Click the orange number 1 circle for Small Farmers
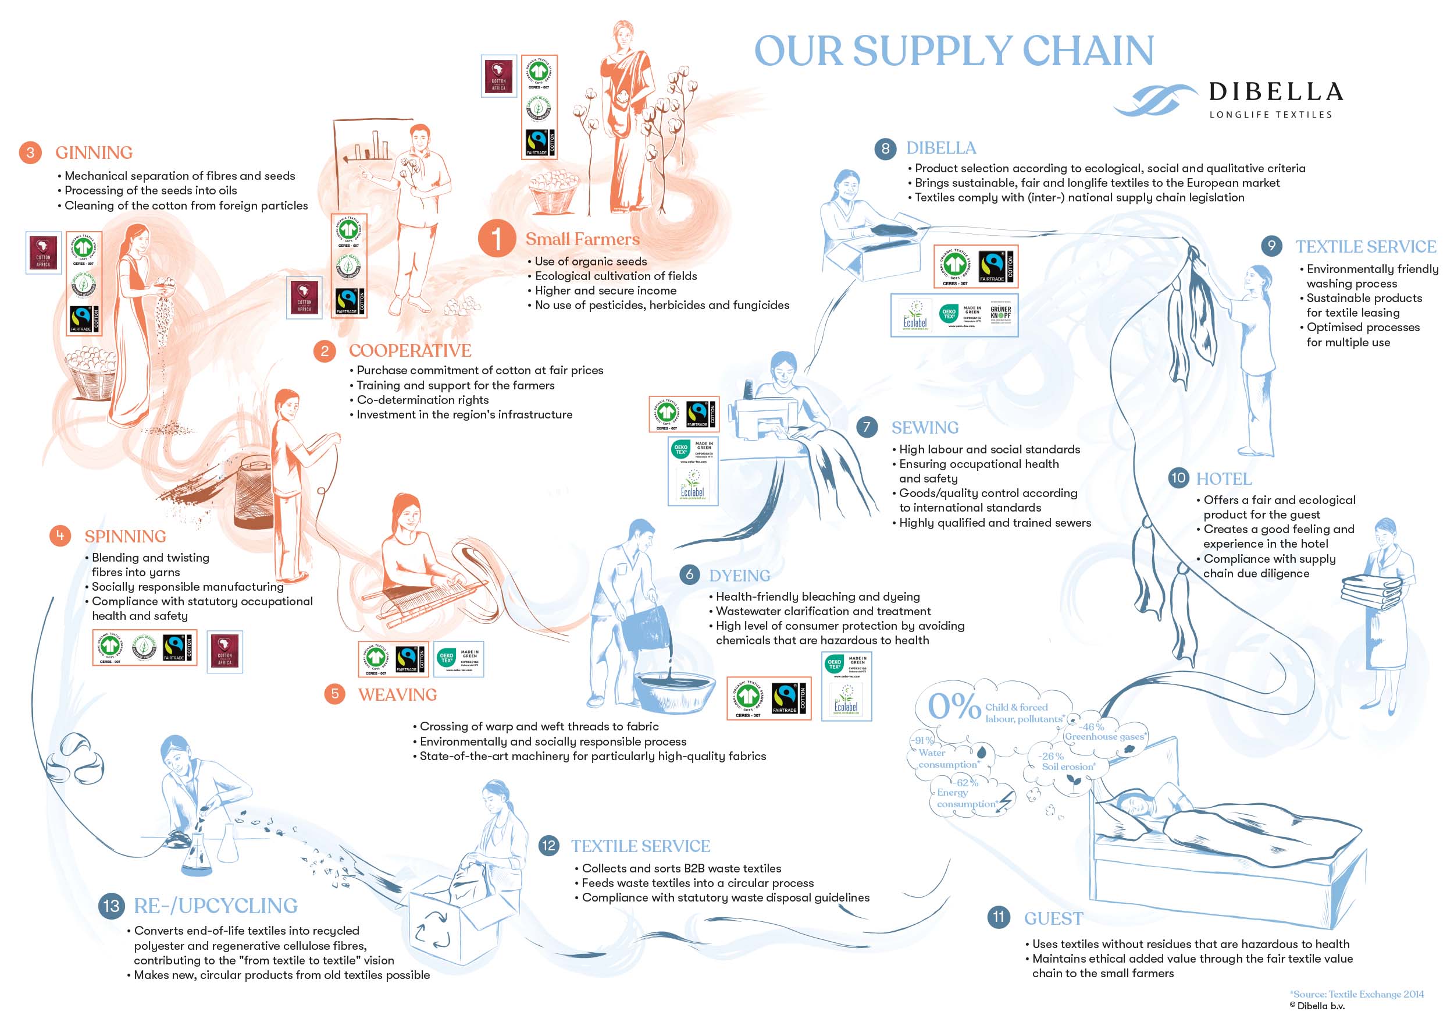[x=497, y=239]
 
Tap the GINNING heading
[x=94, y=152]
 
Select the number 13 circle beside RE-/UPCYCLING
[x=112, y=906]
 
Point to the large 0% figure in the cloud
[x=954, y=706]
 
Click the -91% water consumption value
[x=922, y=740]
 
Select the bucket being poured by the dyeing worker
[x=646, y=624]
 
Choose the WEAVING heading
[x=398, y=694]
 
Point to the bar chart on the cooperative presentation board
[x=371, y=146]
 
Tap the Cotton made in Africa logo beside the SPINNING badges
[x=225, y=651]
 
